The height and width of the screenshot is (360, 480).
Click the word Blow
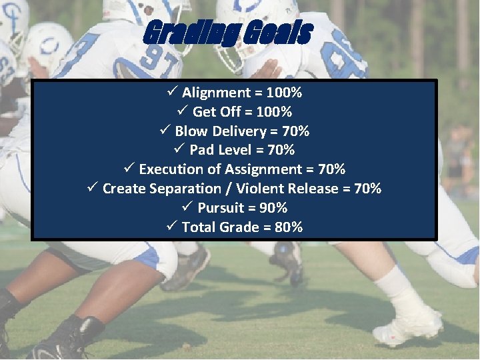pos(192,131)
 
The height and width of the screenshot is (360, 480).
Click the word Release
pos(313,189)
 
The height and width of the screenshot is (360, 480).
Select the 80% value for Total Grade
pos(289,227)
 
